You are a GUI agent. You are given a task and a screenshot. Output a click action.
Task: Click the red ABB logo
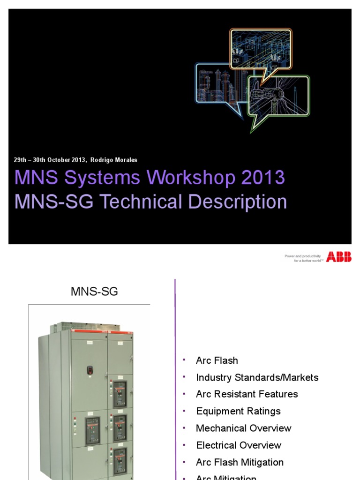(338, 256)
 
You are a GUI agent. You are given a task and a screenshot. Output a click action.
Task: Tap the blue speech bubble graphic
(217, 84)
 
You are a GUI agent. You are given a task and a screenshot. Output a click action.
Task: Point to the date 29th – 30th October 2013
(50, 160)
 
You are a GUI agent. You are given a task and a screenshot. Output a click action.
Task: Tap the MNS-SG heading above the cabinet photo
(94, 291)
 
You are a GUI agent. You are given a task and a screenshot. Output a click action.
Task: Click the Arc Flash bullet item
(217, 360)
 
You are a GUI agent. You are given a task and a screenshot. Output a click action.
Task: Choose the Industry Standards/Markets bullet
(257, 377)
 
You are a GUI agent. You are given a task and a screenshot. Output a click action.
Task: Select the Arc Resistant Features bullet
(247, 394)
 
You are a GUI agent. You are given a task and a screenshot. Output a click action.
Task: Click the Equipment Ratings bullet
(238, 411)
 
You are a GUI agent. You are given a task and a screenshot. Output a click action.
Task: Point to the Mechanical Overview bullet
(243, 428)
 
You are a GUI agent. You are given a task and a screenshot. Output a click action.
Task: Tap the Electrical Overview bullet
(239, 445)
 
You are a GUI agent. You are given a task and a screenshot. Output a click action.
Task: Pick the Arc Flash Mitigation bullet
(240, 462)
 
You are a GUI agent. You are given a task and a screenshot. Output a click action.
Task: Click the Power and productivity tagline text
(302, 258)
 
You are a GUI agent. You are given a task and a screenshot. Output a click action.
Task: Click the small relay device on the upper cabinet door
(90, 370)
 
